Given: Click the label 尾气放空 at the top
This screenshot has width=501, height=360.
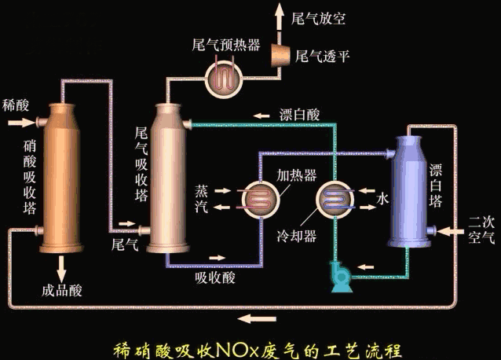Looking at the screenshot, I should pyautogui.click(x=317, y=16).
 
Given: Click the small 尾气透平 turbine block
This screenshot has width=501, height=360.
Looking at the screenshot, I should pyautogui.click(x=280, y=54).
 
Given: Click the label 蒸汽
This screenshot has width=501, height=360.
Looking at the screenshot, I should pyautogui.click(x=203, y=199).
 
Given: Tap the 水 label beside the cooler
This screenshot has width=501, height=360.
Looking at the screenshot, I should pyautogui.click(x=383, y=200).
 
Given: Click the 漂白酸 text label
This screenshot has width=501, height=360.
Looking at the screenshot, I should pyautogui.click(x=299, y=115).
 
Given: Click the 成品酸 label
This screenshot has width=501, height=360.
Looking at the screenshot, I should pyautogui.click(x=61, y=292).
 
